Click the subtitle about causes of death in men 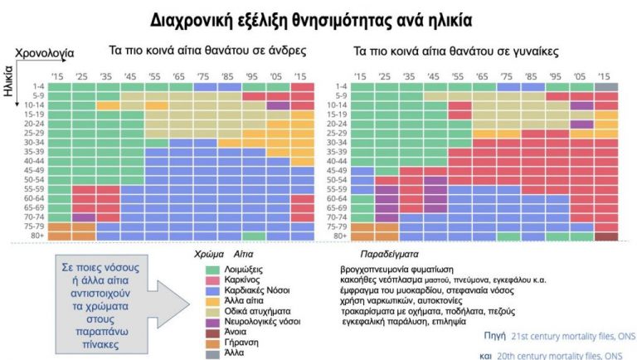point(208,51)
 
